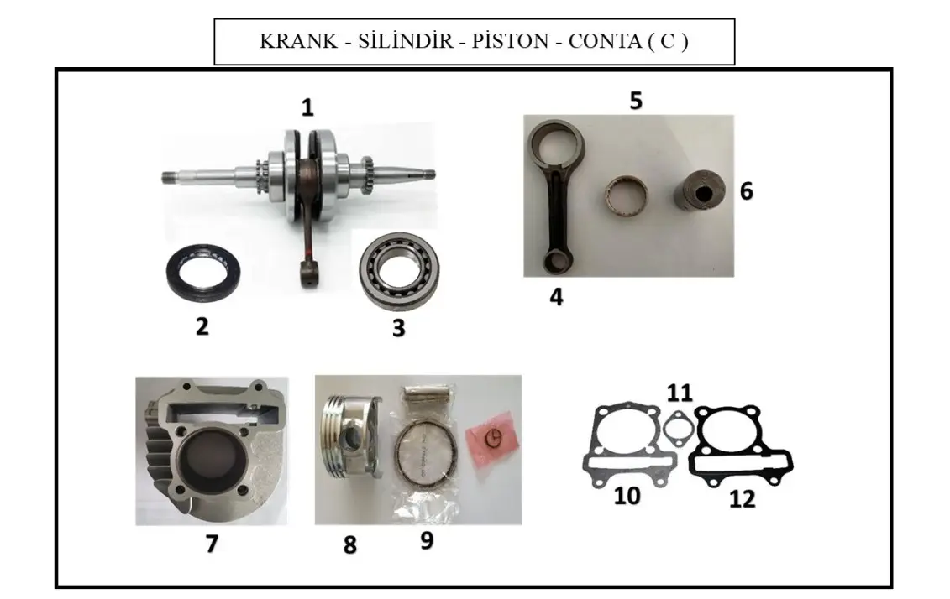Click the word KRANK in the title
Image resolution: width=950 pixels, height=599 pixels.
coord(298,41)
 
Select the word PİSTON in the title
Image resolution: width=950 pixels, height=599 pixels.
coord(510,41)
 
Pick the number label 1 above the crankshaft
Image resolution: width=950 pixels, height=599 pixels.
coord(307,107)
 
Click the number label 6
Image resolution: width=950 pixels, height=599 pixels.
coord(747,191)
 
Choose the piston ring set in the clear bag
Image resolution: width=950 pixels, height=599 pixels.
coord(424,455)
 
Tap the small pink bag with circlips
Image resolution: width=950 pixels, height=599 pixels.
coord(492,437)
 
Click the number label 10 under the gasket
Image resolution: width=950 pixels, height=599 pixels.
coord(627,496)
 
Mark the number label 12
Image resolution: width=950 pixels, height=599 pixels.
coord(743,500)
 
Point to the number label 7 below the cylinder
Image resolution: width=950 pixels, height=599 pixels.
coord(212,544)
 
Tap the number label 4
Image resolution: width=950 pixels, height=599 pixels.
coord(556,297)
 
